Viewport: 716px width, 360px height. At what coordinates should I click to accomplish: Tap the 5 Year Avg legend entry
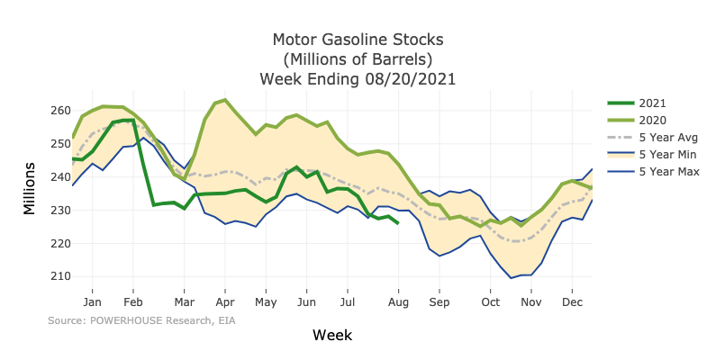point(666,137)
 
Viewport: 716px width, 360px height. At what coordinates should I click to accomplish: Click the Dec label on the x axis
point(572,304)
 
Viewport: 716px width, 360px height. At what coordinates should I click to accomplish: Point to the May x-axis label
point(265,304)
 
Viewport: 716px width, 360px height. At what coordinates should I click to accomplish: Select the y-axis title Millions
point(30,189)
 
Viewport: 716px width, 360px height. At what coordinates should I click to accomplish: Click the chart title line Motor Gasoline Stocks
point(358,40)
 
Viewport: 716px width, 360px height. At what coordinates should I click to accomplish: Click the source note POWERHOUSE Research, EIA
point(141,320)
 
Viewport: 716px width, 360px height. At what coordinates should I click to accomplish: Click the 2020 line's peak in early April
point(224,100)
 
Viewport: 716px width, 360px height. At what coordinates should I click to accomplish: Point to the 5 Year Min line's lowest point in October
point(512,278)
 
